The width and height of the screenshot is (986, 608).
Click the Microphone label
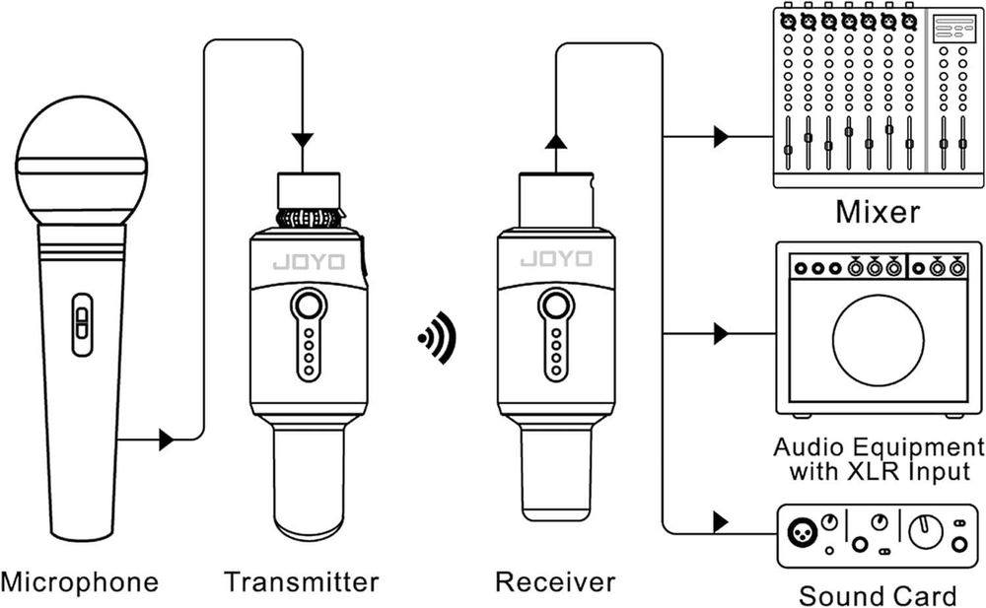pos(80,582)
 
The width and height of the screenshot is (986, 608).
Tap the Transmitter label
pos(301,582)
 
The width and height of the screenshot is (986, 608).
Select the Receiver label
pos(555,582)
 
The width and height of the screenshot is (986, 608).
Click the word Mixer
pos(878,212)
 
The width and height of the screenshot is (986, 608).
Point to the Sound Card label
pos(878,595)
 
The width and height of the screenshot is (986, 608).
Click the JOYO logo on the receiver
pos(556,260)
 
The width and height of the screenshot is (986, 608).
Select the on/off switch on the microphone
pos(83,324)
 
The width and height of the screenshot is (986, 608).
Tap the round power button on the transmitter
pos(309,305)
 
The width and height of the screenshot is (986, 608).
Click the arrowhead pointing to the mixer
pos(722,137)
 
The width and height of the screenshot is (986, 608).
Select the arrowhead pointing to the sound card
pos(722,520)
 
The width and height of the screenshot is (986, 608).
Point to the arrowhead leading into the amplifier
pos(722,335)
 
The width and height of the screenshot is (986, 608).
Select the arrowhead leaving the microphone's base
pos(166,439)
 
